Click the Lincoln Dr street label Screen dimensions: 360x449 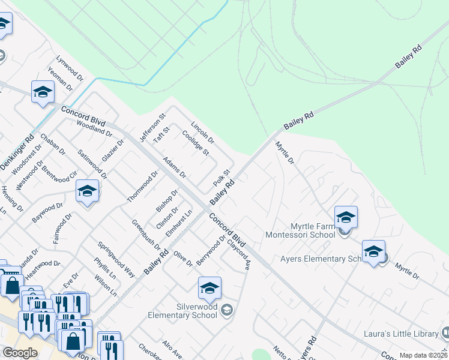202,132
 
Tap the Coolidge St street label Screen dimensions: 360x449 195,144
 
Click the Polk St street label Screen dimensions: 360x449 222,178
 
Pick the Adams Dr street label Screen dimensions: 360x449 175,167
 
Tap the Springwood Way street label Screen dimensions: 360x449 116,259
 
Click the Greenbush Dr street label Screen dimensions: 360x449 146,235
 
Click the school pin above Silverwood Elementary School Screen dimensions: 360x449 209,288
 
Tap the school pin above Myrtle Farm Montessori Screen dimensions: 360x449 346,217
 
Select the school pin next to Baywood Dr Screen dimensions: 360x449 88,192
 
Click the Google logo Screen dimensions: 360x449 20,353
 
